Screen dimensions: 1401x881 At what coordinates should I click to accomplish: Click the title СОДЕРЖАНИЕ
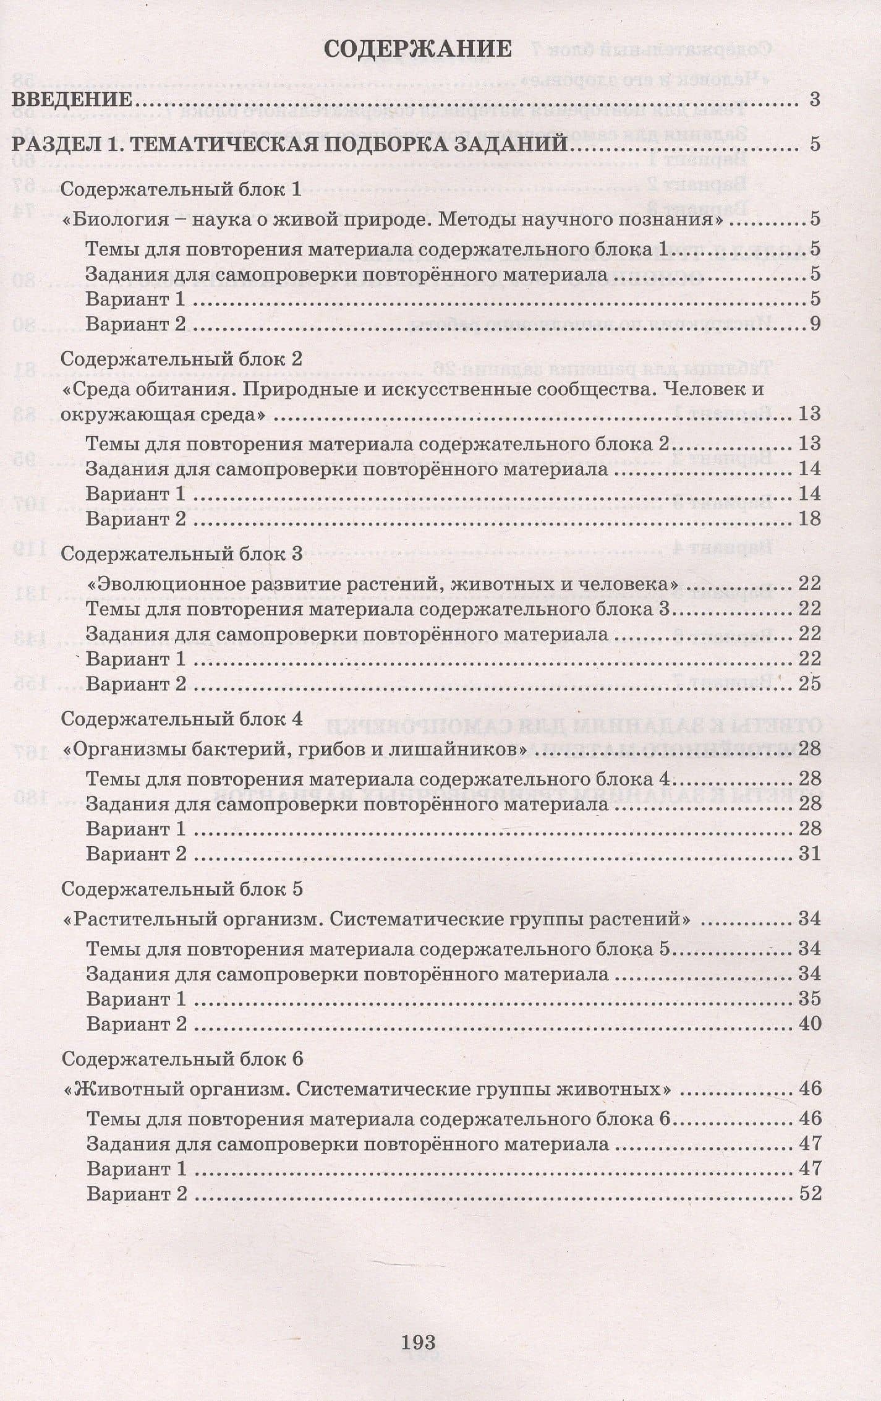point(417,49)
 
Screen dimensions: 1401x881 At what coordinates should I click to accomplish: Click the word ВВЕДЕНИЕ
point(72,100)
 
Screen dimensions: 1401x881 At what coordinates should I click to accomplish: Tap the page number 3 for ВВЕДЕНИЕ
point(814,100)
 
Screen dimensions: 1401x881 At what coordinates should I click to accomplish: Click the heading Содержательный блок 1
point(181,189)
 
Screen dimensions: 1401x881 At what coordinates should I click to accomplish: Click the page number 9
point(814,323)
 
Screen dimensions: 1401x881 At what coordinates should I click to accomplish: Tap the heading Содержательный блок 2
point(182,359)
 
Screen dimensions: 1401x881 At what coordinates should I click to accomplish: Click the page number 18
point(809,518)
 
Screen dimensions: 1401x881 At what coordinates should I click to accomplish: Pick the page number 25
point(809,683)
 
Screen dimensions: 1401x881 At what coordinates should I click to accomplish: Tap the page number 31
point(809,854)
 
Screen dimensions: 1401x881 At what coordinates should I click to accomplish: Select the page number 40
point(809,1024)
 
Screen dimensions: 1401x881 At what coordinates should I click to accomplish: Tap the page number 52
point(810,1193)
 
